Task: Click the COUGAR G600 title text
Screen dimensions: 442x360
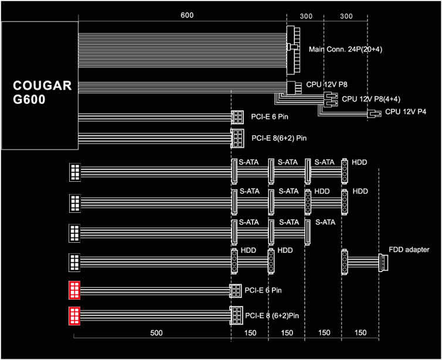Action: click(42, 93)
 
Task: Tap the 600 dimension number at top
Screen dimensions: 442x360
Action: click(187, 15)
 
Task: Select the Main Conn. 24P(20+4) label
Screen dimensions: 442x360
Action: click(345, 49)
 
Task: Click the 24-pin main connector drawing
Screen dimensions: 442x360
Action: click(293, 50)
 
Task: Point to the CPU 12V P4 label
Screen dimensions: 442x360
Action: click(406, 111)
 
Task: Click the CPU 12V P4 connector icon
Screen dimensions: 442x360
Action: click(375, 114)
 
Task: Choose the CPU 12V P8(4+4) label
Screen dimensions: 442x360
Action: click(371, 99)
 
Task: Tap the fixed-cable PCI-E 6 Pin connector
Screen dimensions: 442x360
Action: click(237, 117)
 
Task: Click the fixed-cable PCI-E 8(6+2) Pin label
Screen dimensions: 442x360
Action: click(279, 138)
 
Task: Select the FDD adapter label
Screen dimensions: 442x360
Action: click(409, 250)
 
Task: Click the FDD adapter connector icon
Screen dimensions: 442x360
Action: click(383, 263)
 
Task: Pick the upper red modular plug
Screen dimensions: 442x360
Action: click(74, 290)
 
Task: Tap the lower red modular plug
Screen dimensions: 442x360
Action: click(74, 316)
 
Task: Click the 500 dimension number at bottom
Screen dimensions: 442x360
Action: click(156, 333)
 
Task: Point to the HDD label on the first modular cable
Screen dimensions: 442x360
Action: click(359, 162)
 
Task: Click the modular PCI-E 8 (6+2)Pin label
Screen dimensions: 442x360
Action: click(272, 316)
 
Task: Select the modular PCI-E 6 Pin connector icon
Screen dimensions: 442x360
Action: click(236, 291)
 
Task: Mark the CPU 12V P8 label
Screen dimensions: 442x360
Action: click(327, 84)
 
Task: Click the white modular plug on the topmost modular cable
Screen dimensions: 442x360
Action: click(74, 172)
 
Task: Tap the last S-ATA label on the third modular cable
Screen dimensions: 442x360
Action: click(325, 222)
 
